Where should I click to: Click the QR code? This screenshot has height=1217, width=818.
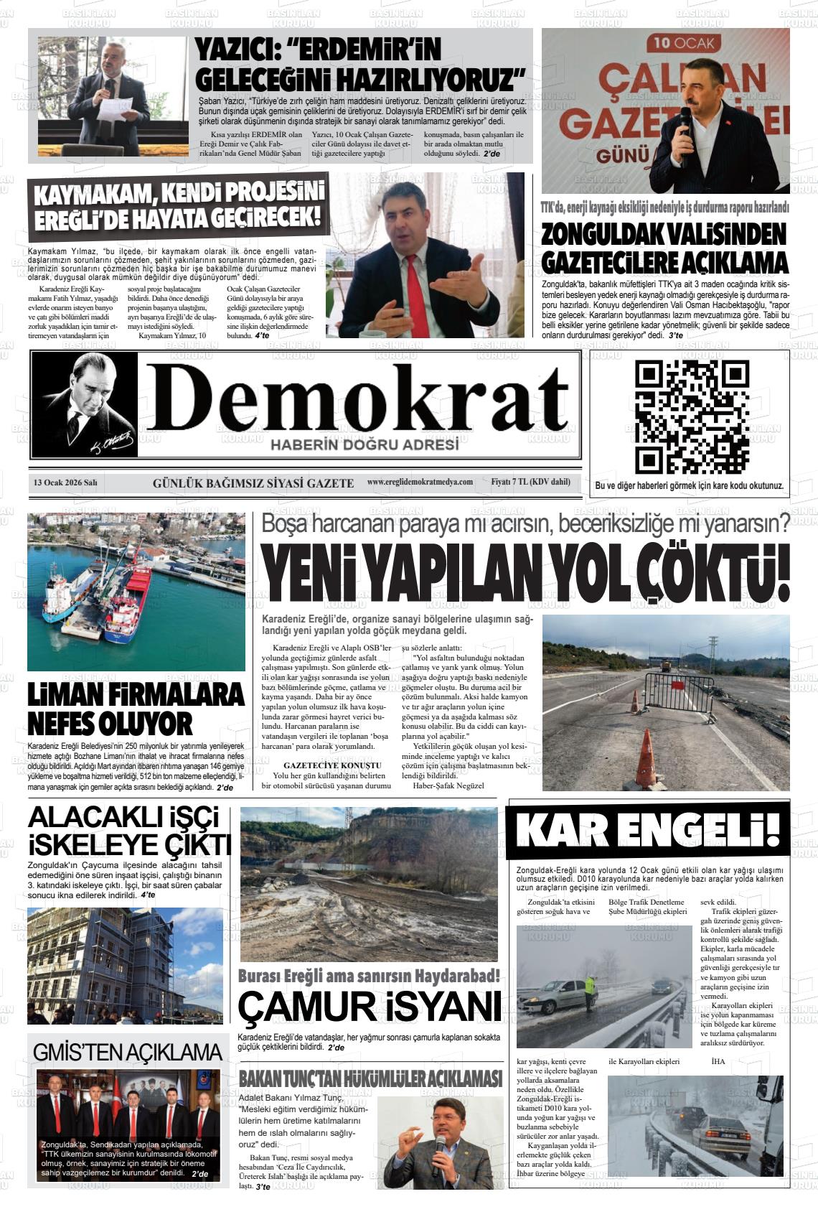tap(692, 416)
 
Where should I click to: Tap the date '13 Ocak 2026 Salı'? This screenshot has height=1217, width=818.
tap(65, 483)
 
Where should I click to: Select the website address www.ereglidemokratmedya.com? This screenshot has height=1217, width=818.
tap(420, 482)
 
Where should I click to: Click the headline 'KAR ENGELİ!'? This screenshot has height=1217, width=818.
tap(648, 830)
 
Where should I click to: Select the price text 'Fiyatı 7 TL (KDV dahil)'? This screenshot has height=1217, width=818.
tap(530, 482)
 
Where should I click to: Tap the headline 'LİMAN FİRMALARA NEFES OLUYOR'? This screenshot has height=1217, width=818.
tap(136, 709)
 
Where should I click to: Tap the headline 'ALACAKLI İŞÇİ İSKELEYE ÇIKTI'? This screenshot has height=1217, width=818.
tap(129, 831)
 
